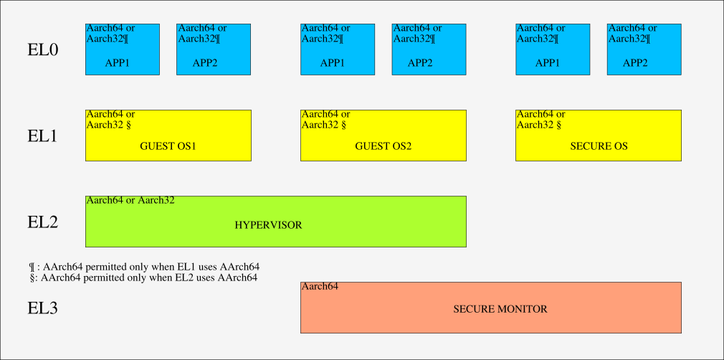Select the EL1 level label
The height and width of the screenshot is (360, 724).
(x=42, y=136)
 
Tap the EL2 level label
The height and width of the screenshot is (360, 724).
(x=42, y=222)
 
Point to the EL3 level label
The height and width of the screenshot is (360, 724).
(x=42, y=308)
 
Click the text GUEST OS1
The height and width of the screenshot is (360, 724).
(x=168, y=146)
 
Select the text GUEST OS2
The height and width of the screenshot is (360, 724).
(x=383, y=146)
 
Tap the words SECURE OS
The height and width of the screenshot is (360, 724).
(x=599, y=146)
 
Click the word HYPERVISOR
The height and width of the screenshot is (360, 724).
(x=268, y=225)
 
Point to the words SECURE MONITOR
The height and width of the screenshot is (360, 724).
(x=500, y=309)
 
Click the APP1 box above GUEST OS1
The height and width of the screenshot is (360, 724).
(x=122, y=49)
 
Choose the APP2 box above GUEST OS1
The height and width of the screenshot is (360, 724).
(x=214, y=49)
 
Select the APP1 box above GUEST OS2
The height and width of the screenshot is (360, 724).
(x=337, y=49)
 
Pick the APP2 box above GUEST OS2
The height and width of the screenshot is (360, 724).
(x=429, y=49)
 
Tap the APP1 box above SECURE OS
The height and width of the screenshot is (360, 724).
(x=552, y=49)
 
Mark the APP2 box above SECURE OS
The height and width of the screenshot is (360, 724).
(x=644, y=49)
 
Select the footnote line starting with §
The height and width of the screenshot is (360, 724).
(x=143, y=278)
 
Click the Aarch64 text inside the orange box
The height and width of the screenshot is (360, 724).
(x=320, y=287)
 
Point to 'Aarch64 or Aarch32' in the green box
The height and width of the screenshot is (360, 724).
(x=130, y=201)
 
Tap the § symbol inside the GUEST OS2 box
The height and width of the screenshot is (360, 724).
(x=343, y=125)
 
